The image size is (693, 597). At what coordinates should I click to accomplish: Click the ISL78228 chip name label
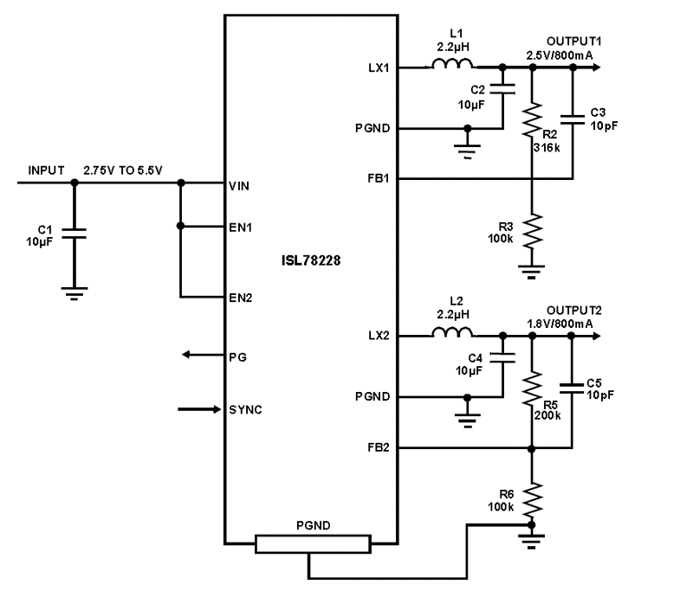coord(311,260)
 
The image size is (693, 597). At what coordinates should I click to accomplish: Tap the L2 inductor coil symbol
coord(451,333)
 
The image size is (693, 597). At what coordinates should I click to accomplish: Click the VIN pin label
coord(239,184)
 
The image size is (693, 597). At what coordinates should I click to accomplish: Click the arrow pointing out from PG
coord(199,356)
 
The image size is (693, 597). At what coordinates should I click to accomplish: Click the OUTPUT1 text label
coord(572,42)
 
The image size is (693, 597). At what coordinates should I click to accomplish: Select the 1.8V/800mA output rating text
coord(560,323)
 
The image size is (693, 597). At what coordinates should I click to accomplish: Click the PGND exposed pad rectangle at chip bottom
coord(312,544)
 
